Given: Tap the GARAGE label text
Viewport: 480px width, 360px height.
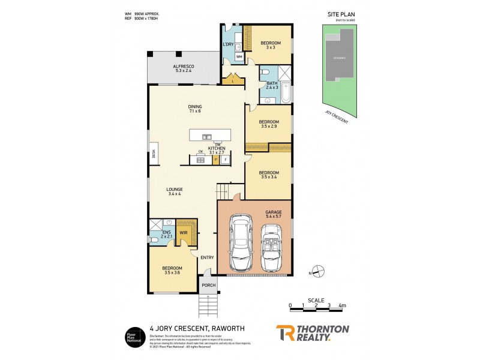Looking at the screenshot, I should pyautogui.click(x=274, y=212).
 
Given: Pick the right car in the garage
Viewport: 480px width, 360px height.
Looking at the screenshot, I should pyautogui.click(x=273, y=247).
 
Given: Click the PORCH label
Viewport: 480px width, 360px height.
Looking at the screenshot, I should pyautogui.click(x=209, y=285).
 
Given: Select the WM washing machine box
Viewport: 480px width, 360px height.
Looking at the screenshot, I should pyautogui.click(x=239, y=56).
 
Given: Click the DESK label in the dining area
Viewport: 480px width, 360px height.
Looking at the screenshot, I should pyautogui.click(x=154, y=154).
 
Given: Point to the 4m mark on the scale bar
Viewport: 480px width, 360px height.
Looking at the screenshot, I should pyautogui.click(x=341, y=306).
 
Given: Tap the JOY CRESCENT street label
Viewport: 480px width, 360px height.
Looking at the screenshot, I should pyautogui.click(x=336, y=117).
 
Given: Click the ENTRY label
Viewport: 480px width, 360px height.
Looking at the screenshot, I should pyautogui.click(x=207, y=257).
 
